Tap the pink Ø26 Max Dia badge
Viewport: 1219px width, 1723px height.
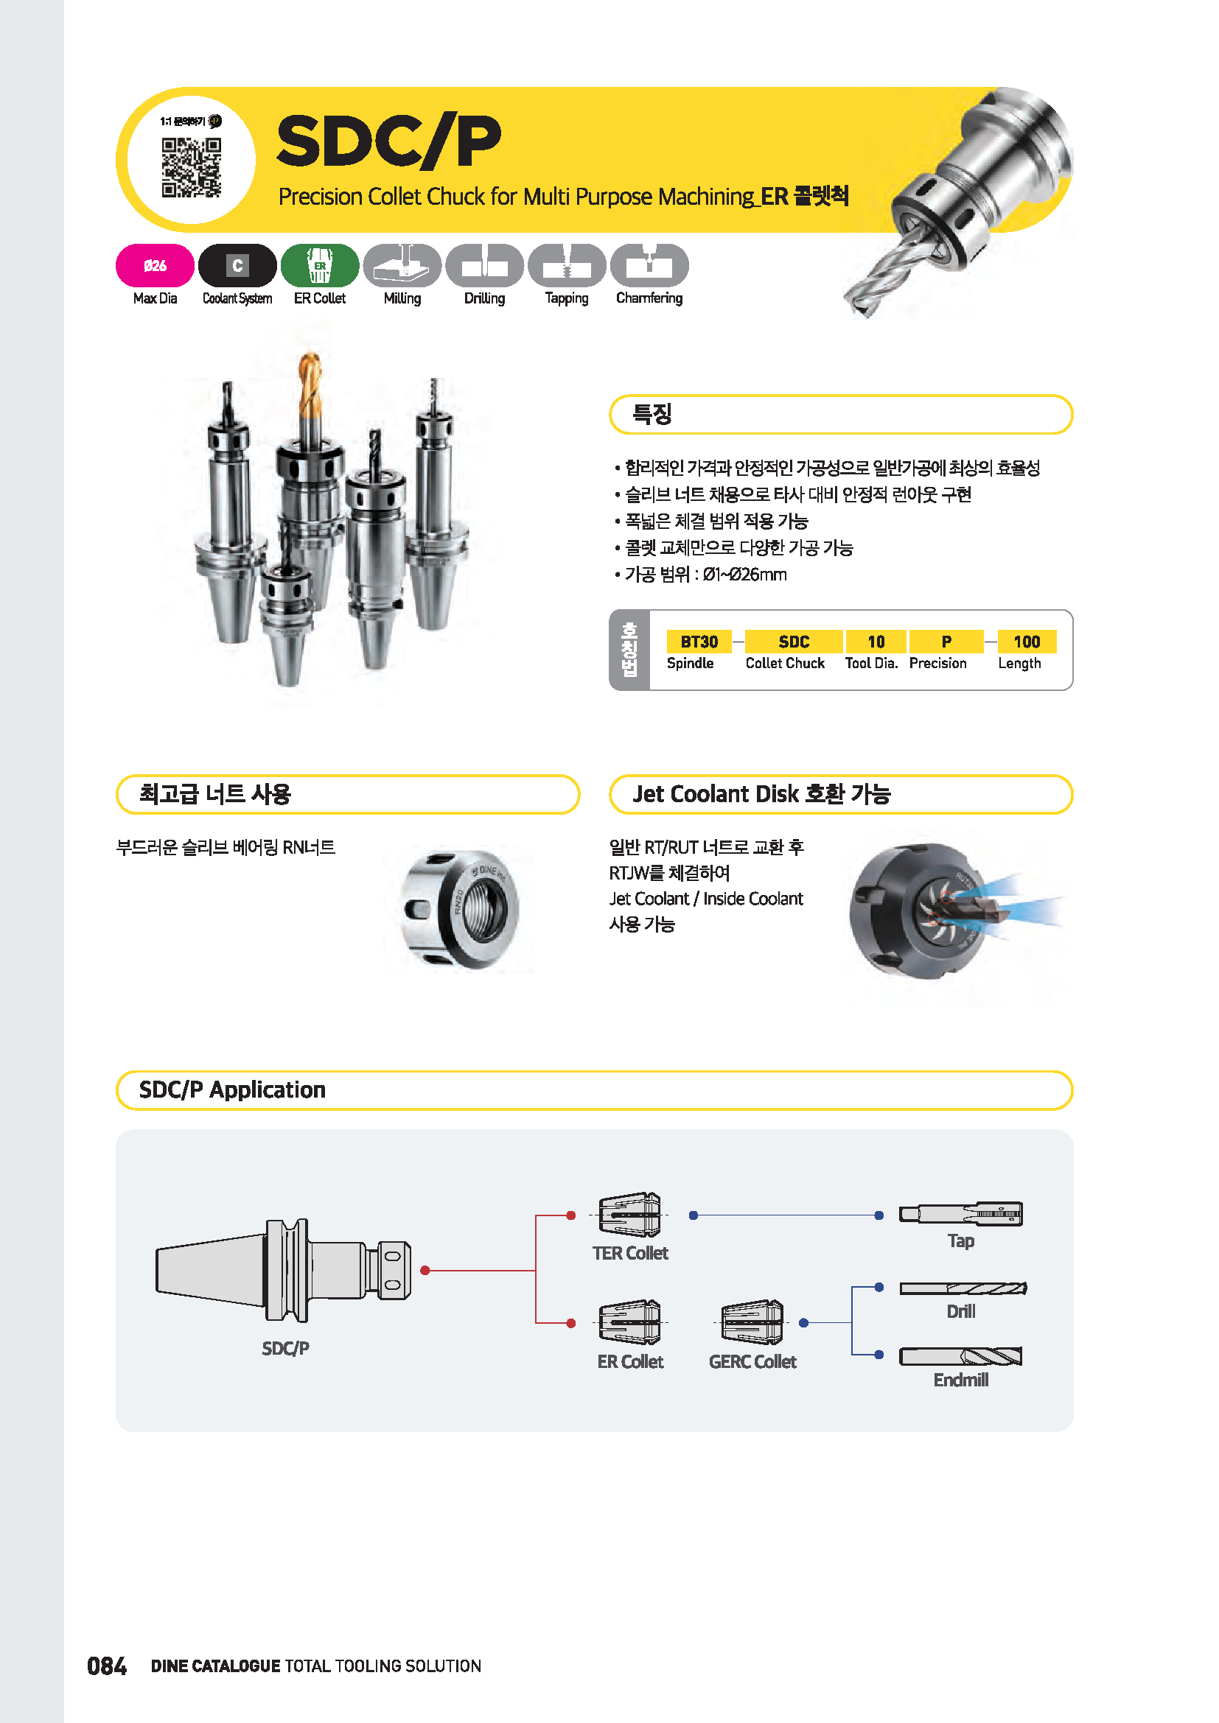pyautogui.click(x=155, y=266)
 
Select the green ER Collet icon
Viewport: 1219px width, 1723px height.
pyautogui.click(x=320, y=266)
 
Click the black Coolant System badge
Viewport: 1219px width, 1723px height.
pyautogui.click(x=237, y=266)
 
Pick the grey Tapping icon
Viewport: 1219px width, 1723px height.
pyautogui.click(x=567, y=266)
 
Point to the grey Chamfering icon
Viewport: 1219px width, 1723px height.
pyautogui.click(x=649, y=266)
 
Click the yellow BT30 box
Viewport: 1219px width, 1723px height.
pyautogui.click(x=699, y=642)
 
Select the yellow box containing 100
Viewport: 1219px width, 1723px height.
pyautogui.click(x=1026, y=642)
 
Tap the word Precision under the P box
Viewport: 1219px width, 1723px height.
pyautogui.click(x=937, y=664)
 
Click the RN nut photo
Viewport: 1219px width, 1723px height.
pyautogui.click(x=458, y=909)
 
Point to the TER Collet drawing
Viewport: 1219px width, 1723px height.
pyautogui.click(x=629, y=1214)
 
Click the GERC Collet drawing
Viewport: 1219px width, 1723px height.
pyautogui.click(x=752, y=1322)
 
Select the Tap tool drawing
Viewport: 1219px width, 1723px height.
pyautogui.click(x=961, y=1213)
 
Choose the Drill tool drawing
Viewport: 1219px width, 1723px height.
pyautogui.click(x=963, y=1288)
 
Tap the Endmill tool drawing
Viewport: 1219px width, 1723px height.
pyautogui.click(x=961, y=1356)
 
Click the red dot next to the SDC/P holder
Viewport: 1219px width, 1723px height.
pyautogui.click(x=425, y=1271)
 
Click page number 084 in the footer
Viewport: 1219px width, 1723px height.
pyautogui.click(x=107, y=1666)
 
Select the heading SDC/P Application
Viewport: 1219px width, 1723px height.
pyautogui.click(x=232, y=1089)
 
